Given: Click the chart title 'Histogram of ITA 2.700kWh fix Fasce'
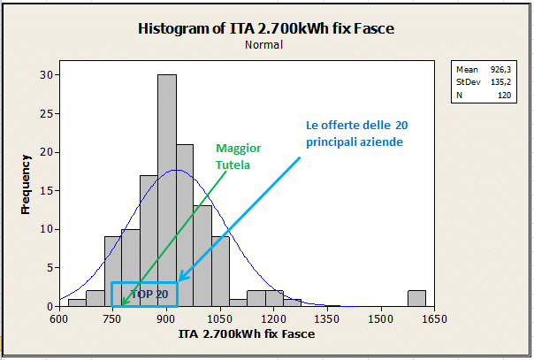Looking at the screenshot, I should point(266,28).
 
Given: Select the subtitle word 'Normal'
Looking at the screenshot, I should point(266,44).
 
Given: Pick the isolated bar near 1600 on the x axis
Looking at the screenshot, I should point(416,298).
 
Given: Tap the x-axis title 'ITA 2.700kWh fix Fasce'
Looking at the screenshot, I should point(247,334).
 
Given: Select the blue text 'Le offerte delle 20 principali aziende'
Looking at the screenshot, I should point(356,133).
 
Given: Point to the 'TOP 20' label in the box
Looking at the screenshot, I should point(149,293).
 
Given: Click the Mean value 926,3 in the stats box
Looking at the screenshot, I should point(500,68).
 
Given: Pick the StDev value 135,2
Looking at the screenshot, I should point(500,80).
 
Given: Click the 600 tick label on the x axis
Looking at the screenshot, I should point(59,318).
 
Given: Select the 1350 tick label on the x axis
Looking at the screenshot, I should point(327,318).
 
